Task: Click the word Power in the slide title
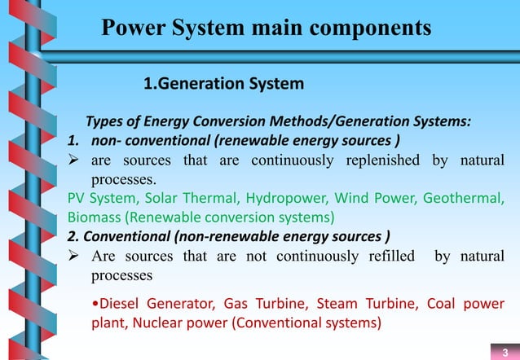134,29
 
